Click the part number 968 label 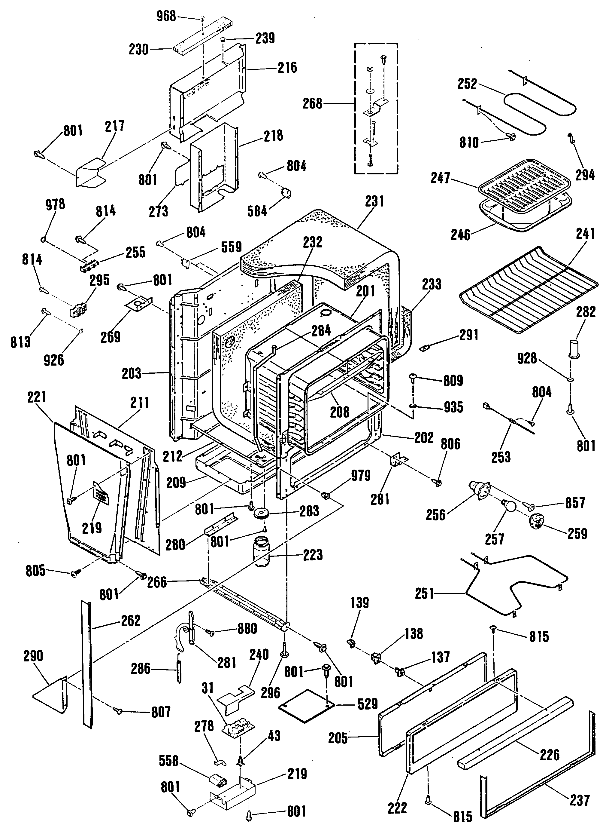[166, 17]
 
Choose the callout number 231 [374, 201]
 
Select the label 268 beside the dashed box [312, 104]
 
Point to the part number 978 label [55, 204]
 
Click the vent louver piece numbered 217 [90, 172]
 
